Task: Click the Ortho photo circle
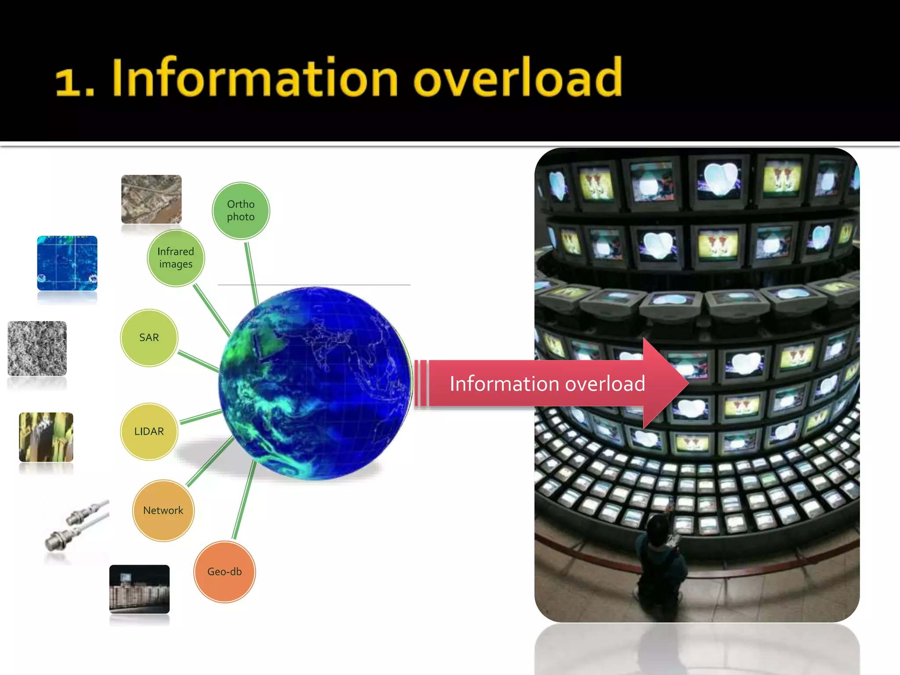[x=241, y=210]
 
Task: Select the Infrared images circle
[x=176, y=258]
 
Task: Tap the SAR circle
[x=149, y=337]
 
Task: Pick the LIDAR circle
[x=149, y=432]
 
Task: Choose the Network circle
[x=163, y=510]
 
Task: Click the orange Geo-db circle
[x=225, y=572]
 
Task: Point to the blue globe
[x=315, y=382]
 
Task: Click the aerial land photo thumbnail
[x=151, y=199]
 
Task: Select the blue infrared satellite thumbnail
[x=67, y=263]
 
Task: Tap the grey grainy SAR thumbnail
[x=37, y=348]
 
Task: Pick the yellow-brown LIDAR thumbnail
[x=46, y=437]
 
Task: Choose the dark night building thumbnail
[x=139, y=589]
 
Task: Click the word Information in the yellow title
[x=255, y=78]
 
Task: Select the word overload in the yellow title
[x=518, y=78]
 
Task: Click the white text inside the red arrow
[x=547, y=384]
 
